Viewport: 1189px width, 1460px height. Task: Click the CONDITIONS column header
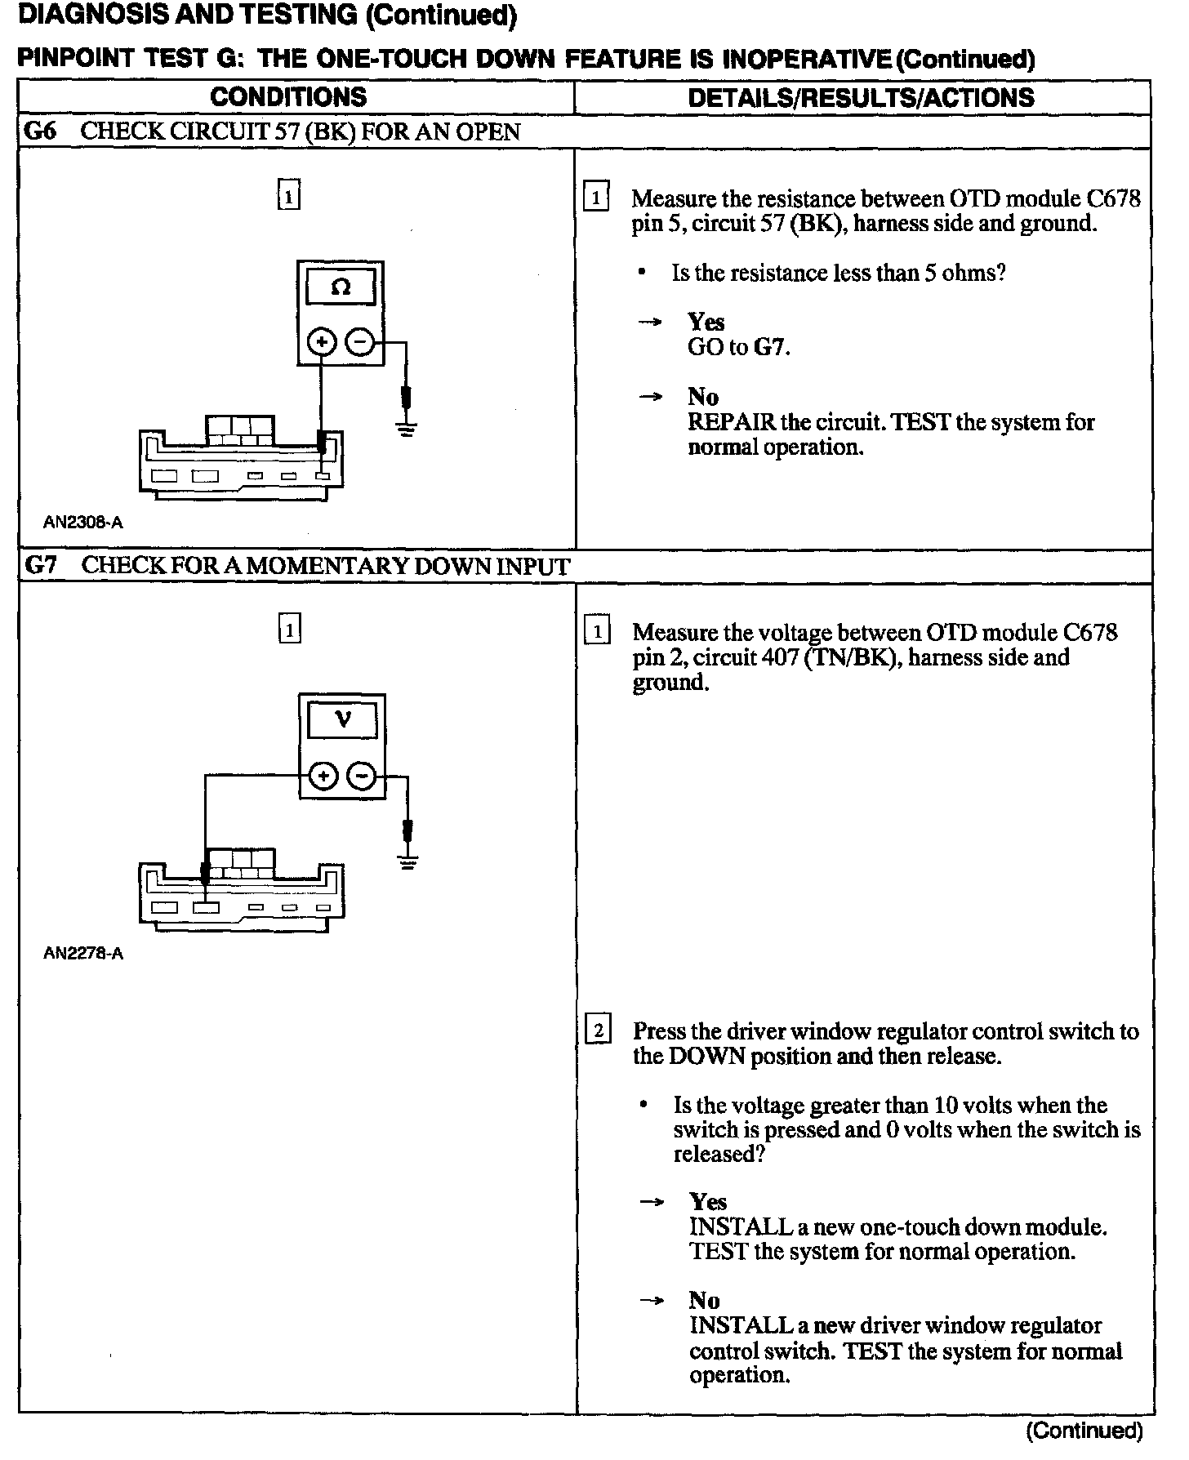point(288,97)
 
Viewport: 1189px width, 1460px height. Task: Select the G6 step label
point(40,131)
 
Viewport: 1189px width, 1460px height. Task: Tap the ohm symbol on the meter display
point(341,287)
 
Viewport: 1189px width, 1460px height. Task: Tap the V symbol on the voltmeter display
point(343,719)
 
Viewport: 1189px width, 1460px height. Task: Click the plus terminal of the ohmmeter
point(322,342)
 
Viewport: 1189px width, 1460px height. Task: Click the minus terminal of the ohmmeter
point(361,342)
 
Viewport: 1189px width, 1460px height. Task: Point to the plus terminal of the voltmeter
point(324,775)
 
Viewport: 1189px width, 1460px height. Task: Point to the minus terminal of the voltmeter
point(363,775)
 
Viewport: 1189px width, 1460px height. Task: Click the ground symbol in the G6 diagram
point(406,427)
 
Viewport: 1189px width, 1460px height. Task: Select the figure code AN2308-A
point(83,523)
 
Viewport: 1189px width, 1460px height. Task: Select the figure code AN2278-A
point(83,953)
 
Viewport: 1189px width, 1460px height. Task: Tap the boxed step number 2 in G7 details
point(598,1031)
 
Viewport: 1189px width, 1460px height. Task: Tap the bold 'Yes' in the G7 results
point(707,1201)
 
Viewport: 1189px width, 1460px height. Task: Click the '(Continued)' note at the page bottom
point(1084,1430)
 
